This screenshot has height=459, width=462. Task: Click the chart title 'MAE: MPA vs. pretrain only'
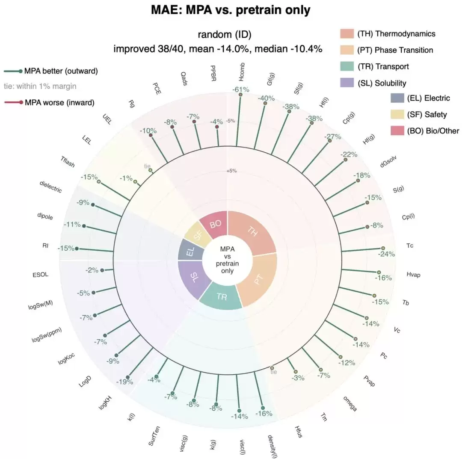(231, 10)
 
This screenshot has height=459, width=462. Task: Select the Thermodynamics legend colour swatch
(347, 34)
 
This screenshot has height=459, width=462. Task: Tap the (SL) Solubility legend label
(382, 83)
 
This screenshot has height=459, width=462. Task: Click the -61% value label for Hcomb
(241, 89)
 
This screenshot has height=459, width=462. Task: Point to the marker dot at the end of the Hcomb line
(240, 95)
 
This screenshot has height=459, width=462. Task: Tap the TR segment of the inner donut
(221, 297)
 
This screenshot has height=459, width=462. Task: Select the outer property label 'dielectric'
(50, 187)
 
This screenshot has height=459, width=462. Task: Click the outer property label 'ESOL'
(40, 275)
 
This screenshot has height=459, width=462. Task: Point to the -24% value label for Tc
(387, 254)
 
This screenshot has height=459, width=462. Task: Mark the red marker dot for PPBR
(217, 127)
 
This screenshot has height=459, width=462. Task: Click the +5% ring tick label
(231, 171)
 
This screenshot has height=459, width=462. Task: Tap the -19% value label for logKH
(124, 382)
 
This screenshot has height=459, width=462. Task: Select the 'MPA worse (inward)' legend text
(59, 103)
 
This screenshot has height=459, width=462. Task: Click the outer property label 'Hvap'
(413, 275)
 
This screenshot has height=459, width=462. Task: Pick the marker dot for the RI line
(77, 249)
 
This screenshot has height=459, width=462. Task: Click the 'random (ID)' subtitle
(225, 35)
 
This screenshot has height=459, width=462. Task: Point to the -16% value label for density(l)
(264, 414)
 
